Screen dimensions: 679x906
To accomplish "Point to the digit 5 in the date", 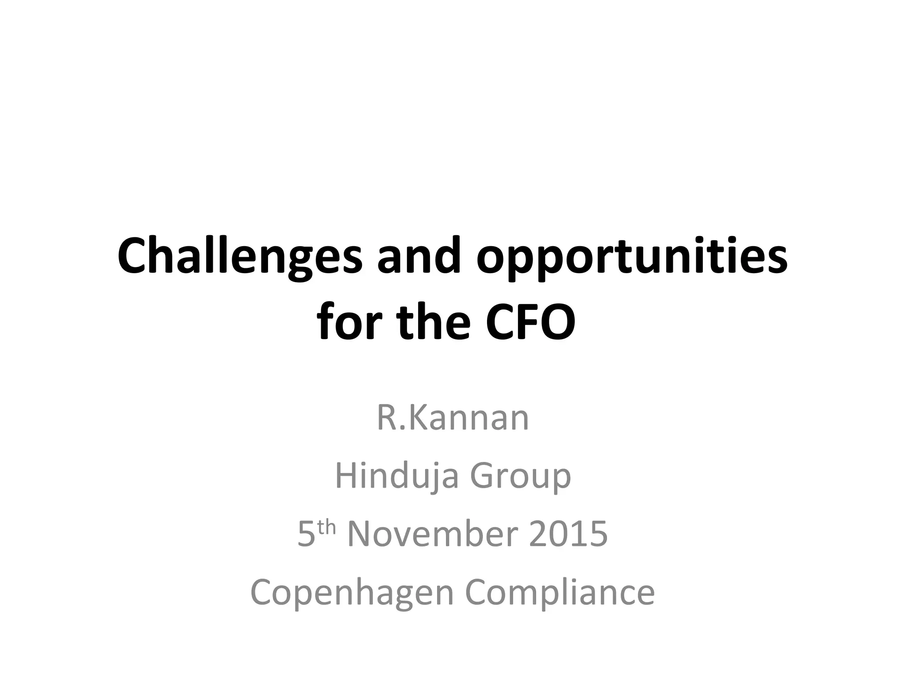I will click(x=306, y=534).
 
